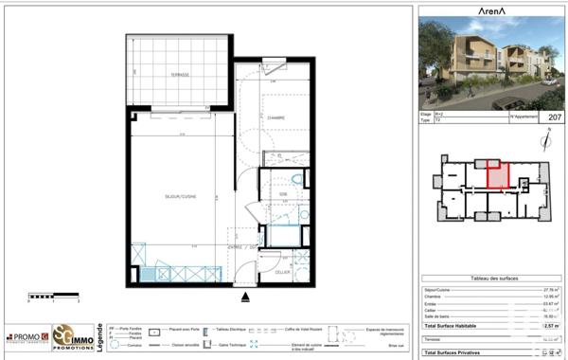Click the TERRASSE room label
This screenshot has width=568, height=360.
pos(180,74)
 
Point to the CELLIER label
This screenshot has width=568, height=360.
pos(283,272)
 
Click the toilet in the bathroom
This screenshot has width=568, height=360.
pos(296,180)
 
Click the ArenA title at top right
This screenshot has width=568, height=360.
pos(488,11)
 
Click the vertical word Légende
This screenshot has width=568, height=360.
pos(101,335)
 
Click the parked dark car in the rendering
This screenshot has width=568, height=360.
pos(549,81)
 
